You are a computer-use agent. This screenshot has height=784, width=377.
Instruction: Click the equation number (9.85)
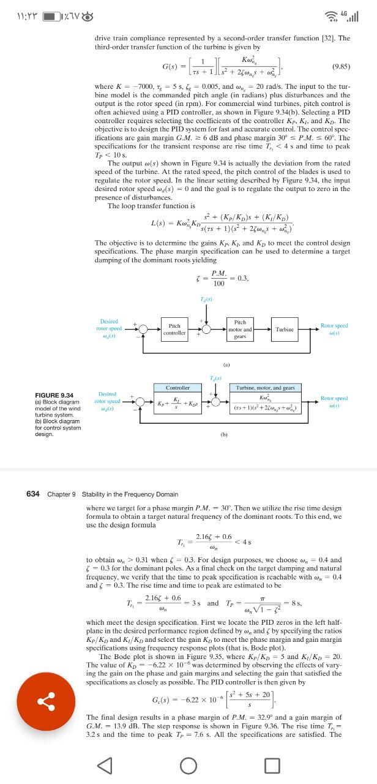click(341, 64)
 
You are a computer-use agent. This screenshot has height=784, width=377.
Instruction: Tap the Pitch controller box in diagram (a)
click(174, 330)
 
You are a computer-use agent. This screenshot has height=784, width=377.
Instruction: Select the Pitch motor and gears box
click(240, 330)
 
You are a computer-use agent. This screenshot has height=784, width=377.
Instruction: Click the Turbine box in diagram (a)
click(285, 330)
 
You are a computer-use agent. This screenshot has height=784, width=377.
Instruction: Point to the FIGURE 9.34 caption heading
click(54, 395)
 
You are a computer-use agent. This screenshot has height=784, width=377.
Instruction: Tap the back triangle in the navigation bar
click(105, 765)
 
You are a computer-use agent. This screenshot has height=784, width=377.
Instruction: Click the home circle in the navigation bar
click(188, 765)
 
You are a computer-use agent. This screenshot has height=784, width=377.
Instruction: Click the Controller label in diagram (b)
click(178, 388)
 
